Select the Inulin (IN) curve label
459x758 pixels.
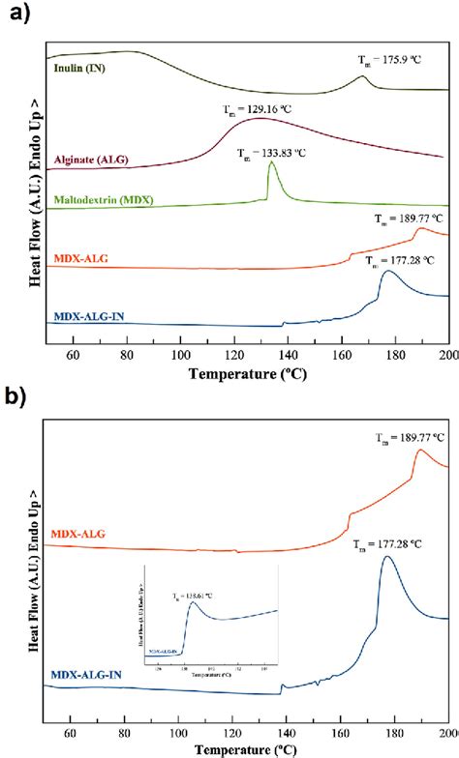[81, 69]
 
